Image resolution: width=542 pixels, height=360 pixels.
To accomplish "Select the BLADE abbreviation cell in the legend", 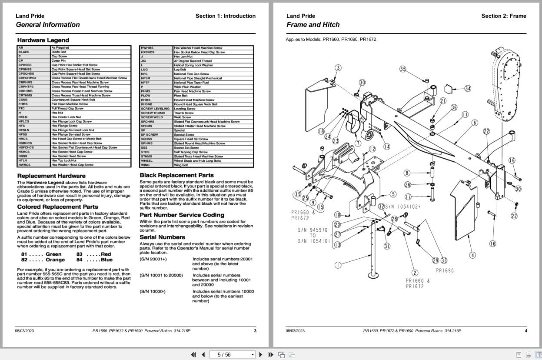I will point(24,52).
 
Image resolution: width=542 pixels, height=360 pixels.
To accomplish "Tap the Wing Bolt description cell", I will point(181,165).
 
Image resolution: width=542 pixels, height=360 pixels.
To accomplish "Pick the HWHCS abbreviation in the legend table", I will point(25,165).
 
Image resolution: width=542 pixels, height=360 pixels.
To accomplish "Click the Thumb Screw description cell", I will point(183,113).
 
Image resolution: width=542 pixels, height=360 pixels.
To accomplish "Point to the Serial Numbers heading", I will point(162,237).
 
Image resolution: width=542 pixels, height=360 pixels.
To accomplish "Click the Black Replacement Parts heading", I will point(176,175).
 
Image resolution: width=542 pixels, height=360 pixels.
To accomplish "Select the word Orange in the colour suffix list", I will point(55,260).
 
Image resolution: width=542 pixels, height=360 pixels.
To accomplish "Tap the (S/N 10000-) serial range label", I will point(153,291).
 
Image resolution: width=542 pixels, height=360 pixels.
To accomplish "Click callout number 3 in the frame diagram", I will point(338,68).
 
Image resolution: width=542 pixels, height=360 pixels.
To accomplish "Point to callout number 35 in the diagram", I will point(403,69).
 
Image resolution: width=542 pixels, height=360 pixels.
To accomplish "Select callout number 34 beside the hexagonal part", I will point(467,89).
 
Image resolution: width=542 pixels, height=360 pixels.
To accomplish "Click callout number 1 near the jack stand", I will point(338,265).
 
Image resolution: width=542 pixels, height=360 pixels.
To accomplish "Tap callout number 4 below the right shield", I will point(472,255).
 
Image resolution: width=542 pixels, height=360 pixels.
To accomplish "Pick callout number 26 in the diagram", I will point(407,185).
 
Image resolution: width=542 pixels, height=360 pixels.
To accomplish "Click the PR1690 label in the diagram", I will point(445,270).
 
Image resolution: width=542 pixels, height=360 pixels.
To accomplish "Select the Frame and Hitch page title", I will point(313,25).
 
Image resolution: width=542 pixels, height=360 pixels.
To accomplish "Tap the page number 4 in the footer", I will point(525,331).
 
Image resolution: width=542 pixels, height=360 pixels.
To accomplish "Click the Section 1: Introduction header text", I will point(225,16).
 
